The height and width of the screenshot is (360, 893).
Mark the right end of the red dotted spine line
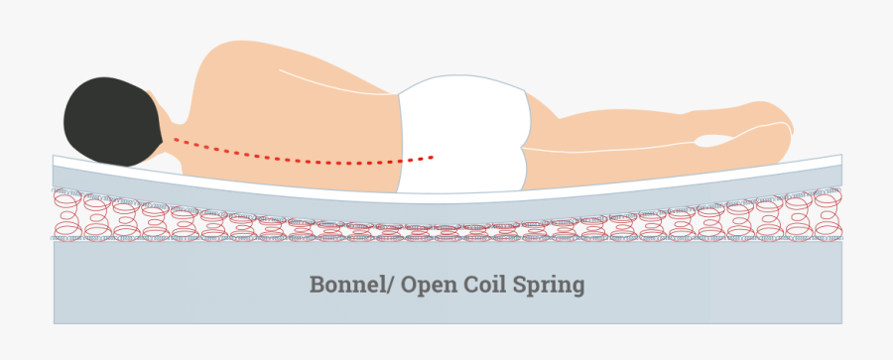(x=433, y=156)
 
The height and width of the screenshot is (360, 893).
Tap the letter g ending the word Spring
(x=577, y=289)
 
